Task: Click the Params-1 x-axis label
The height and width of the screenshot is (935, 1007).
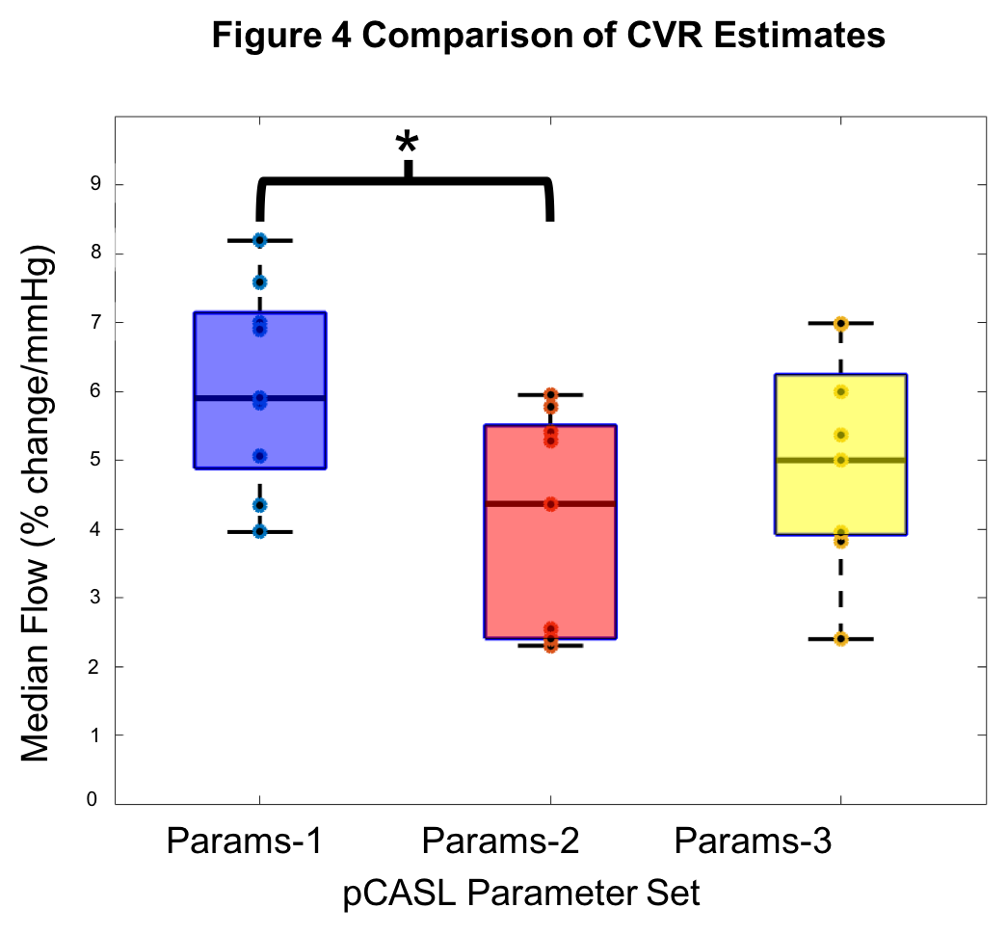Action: click(244, 841)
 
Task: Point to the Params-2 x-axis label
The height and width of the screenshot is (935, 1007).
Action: click(501, 841)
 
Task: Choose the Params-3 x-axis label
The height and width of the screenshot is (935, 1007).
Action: click(753, 841)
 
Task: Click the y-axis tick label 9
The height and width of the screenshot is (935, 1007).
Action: click(93, 184)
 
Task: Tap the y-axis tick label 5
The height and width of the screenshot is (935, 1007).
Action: click(93, 460)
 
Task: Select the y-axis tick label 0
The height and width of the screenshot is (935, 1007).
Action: click(93, 799)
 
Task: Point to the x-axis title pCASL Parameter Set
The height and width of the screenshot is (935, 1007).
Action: click(521, 893)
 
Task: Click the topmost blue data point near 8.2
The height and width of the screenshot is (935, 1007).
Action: click(259, 240)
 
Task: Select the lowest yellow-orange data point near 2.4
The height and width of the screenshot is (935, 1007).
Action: click(841, 639)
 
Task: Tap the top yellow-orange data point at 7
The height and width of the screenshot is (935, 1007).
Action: click(841, 324)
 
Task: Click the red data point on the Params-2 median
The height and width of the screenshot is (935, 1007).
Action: click(550, 504)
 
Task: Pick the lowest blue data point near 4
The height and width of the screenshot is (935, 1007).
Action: click(259, 531)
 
